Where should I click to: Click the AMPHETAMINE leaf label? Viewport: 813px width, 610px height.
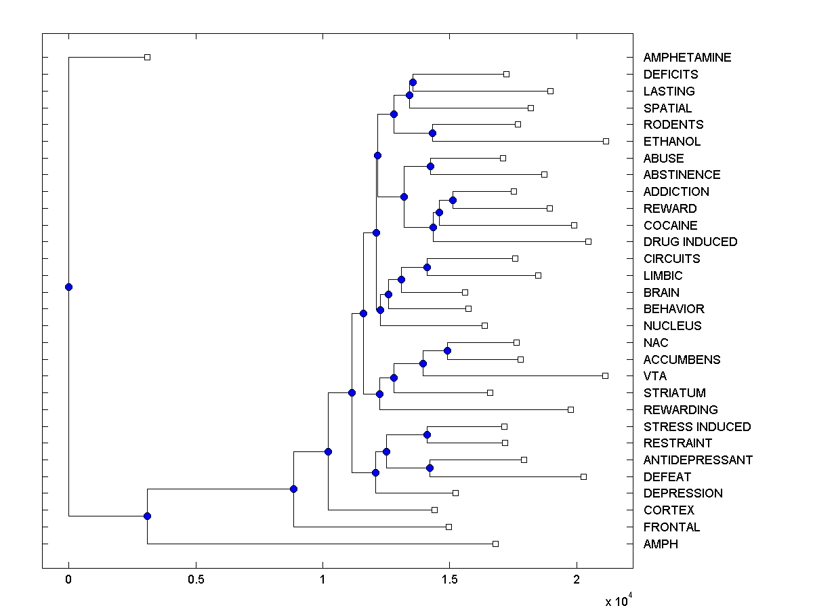tap(687, 58)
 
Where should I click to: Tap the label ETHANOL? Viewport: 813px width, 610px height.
tap(671, 142)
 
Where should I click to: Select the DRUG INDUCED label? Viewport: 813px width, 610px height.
tap(690, 242)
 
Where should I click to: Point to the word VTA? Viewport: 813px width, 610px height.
tap(655, 376)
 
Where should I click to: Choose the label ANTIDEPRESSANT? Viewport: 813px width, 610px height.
tap(697, 460)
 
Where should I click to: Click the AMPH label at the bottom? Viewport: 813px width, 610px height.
tap(661, 544)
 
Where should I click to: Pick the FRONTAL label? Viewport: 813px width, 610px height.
tap(671, 527)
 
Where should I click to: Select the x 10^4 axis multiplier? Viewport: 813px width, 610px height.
tap(619, 601)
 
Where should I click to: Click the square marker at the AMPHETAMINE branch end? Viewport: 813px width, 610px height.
tap(147, 57)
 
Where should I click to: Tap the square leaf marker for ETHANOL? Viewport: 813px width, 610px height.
tap(606, 141)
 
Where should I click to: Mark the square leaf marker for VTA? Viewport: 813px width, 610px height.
tap(605, 375)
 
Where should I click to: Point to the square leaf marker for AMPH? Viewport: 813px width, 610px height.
tap(495, 544)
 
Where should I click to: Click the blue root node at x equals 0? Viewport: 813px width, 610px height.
tap(68, 287)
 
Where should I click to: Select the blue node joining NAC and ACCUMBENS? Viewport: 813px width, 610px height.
tap(447, 350)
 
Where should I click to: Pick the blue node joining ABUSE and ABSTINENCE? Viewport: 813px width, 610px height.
tap(430, 166)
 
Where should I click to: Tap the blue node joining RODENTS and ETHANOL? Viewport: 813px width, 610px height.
tap(433, 133)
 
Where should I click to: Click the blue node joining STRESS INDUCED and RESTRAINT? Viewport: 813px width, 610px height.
tap(428, 434)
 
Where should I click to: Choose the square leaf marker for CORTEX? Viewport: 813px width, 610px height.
tap(434, 510)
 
